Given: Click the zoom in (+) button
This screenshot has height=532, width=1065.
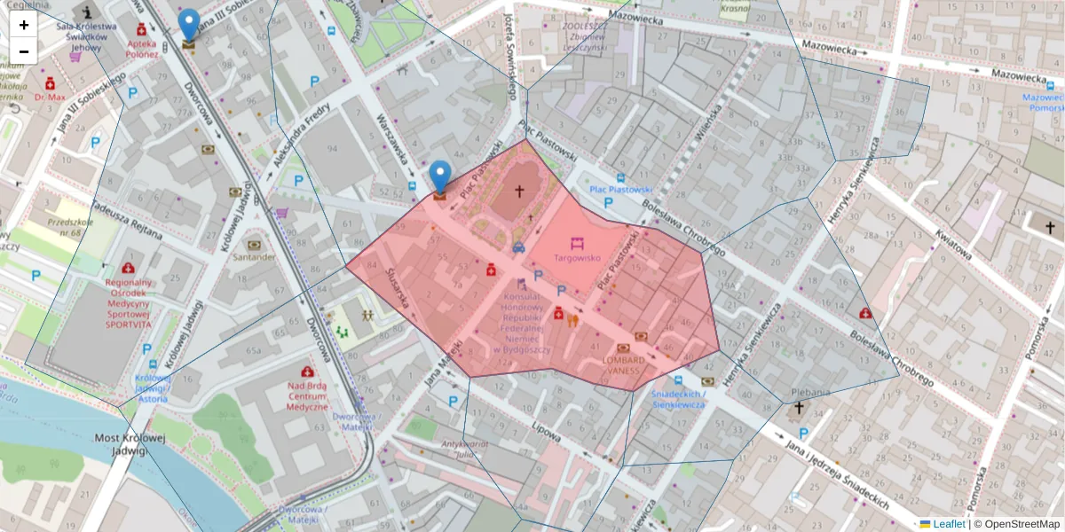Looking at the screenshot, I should [x=24, y=25].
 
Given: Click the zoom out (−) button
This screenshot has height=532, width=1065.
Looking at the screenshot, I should [x=24, y=51].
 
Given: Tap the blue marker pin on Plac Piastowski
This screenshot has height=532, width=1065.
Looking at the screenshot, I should [x=440, y=175].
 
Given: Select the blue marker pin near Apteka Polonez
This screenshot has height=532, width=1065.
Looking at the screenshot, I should [x=188, y=24].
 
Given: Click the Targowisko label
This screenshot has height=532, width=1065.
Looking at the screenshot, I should [x=577, y=258].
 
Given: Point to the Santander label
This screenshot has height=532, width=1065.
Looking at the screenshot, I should [x=253, y=257].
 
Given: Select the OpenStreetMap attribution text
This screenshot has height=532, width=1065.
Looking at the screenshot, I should [x=1016, y=524].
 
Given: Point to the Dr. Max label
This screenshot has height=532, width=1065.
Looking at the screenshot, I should [x=51, y=97].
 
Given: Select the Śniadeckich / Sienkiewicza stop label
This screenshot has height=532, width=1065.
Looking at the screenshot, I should [x=678, y=399].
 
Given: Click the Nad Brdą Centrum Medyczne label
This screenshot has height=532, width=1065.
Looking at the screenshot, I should [x=306, y=396].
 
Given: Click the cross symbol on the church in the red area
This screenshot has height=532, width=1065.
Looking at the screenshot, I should [x=519, y=192].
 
